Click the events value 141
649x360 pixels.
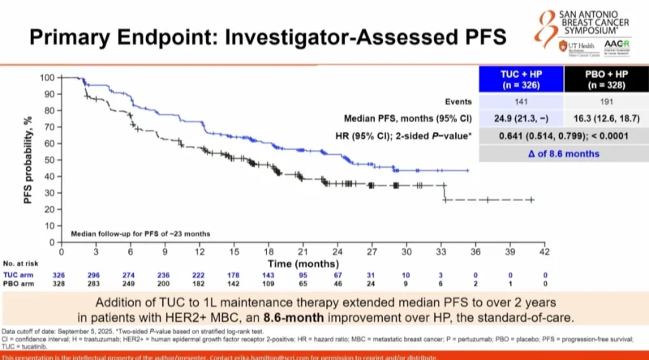(514, 103)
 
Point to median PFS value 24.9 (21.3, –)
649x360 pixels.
(514, 118)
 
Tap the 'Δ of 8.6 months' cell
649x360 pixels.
(550, 152)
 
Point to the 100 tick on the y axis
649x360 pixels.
(48, 78)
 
